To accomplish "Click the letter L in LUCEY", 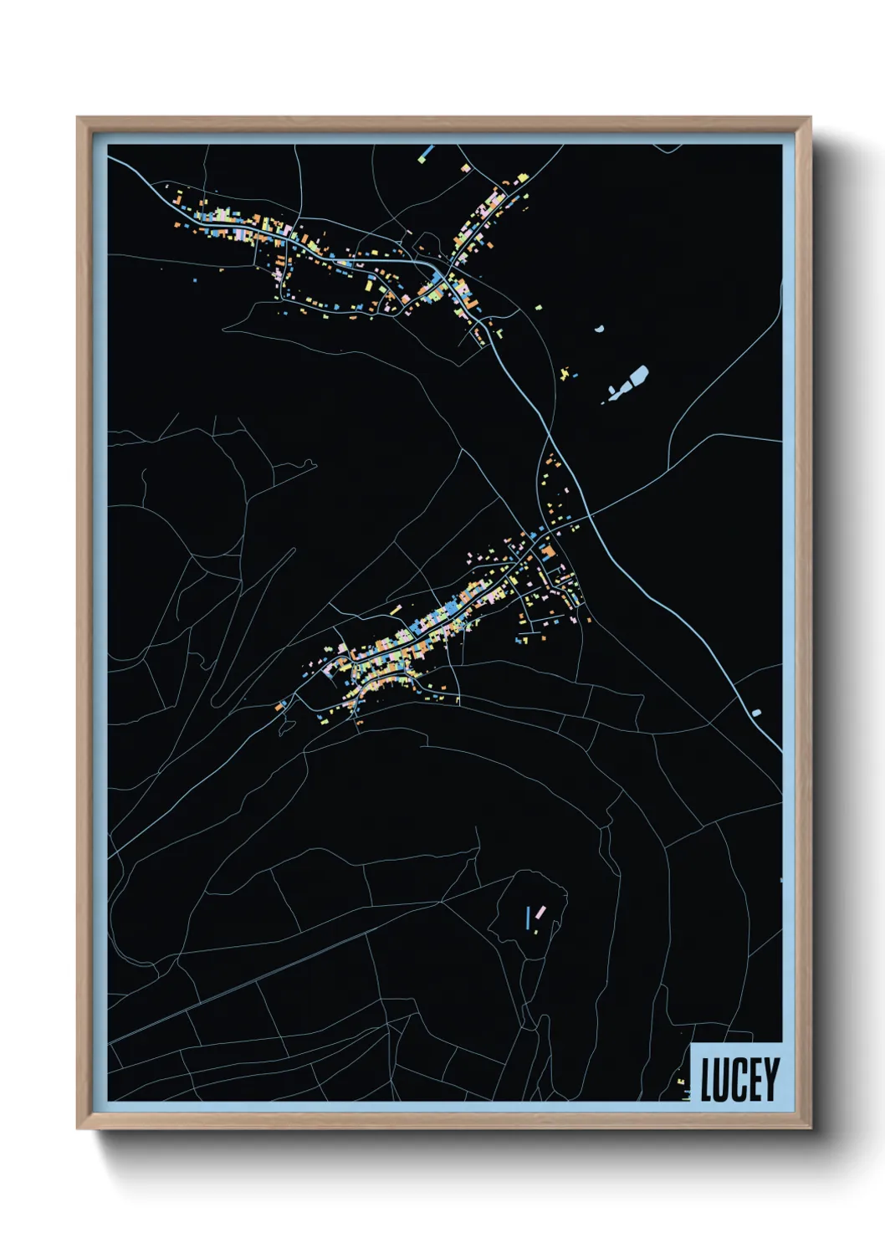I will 706,1080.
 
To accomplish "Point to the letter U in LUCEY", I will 722,1080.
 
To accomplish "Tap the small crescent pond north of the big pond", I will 599,329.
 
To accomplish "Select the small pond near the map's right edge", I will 756,713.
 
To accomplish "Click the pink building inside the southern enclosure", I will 540,912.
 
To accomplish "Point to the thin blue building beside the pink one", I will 529,919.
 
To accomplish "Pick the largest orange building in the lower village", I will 547,551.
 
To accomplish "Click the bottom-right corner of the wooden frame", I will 810,1128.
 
